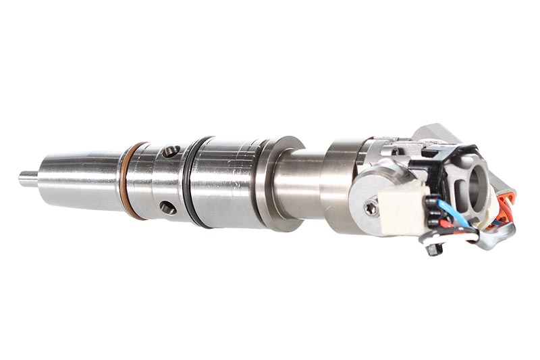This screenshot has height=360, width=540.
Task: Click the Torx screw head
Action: pos(371,209)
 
